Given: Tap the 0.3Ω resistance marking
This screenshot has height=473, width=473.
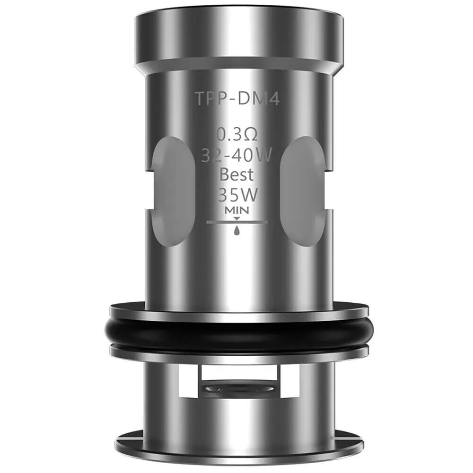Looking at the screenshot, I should [x=237, y=135].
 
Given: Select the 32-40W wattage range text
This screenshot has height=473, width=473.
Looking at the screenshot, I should [x=237, y=155].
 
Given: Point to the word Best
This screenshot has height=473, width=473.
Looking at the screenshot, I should [x=237, y=175].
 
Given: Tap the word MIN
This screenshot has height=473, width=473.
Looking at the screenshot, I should [x=237, y=209].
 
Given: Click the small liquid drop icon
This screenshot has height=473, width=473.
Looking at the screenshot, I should [x=237, y=230].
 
